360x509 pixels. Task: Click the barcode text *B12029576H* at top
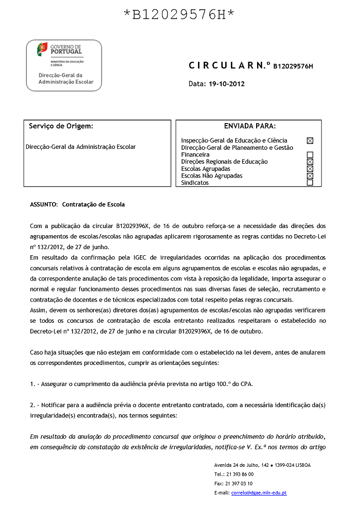click(x=179, y=15)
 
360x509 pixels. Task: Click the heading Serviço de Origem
click(x=61, y=126)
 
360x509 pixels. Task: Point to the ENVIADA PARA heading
click(x=249, y=126)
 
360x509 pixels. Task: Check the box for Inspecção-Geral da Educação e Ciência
click(x=310, y=141)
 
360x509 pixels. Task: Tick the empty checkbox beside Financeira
click(x=310, y=154)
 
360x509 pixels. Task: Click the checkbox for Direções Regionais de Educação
click(x=310, y=162)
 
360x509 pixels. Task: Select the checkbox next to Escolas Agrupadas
click(x=310, y=169)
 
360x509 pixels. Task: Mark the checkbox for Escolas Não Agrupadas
click(x=310, y=176)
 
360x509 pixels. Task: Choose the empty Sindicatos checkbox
click(x=310, y=183)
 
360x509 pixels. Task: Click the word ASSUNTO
click(x=44, y=204)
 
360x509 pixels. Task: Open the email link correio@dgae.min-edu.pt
click(x=259, y=493)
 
